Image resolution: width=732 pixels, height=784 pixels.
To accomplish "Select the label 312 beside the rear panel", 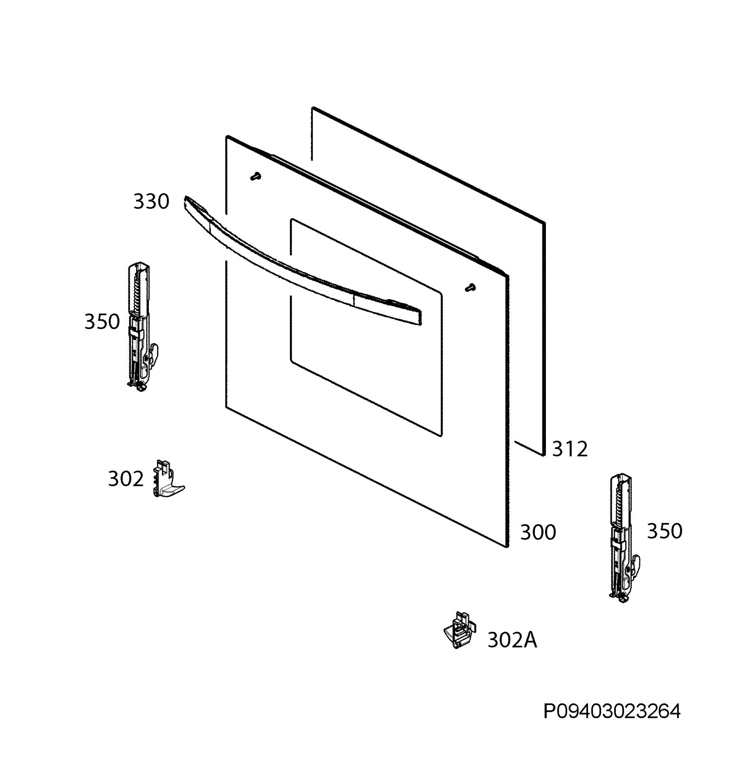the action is pyautogui.click(x=570, y=449).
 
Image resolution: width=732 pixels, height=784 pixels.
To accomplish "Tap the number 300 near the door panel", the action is pyautogui.click(x=538, y=532).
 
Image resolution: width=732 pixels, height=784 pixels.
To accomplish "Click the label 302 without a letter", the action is pyautogui.click(x=126, y=479).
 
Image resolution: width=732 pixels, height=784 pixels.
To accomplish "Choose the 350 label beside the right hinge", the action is pyautogui.click(x=664, y=531).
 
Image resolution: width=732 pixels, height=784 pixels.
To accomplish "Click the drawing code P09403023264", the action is pyautogui.click(x=612, y=712).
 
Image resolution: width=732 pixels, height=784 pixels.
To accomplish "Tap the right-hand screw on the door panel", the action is pyautogui.click(x=470, y=287).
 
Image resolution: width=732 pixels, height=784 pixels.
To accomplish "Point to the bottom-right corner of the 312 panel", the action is pyautogui.click(x=544, y=455).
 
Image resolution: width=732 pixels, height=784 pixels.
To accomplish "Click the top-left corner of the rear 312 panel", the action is pyautogui.click(x=312, y=108).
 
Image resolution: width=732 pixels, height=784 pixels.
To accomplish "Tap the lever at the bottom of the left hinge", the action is pyautogui.click(x=154, y=352).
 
